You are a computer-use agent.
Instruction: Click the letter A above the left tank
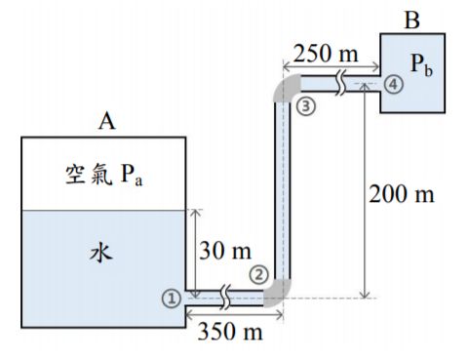[x=107, y=122]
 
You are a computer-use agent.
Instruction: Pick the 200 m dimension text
[x=402, y=192]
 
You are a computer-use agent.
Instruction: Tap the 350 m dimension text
[x=230, y=332]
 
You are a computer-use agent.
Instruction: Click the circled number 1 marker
[x=171, y=299]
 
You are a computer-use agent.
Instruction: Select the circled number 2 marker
[x=257, y=274]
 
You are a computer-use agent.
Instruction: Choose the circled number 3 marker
[x=306, y=104]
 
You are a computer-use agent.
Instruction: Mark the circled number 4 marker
[x=392, y=84]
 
